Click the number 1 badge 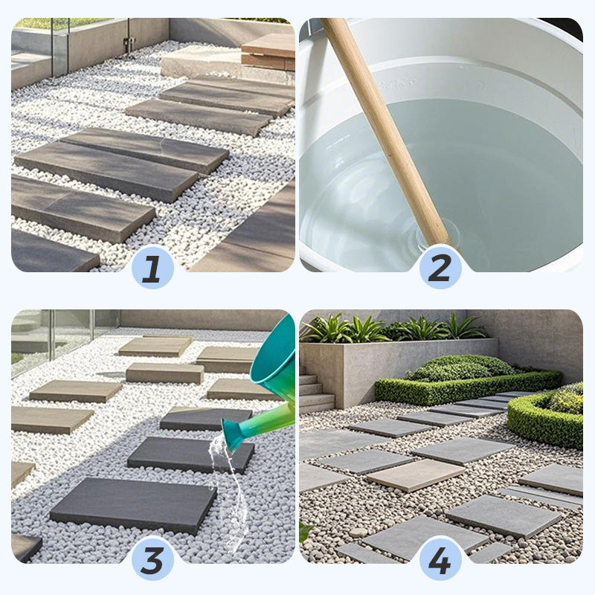152,267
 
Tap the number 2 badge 440,267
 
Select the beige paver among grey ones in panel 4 416,475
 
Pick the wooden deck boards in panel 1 268,51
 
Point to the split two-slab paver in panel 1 121,163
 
